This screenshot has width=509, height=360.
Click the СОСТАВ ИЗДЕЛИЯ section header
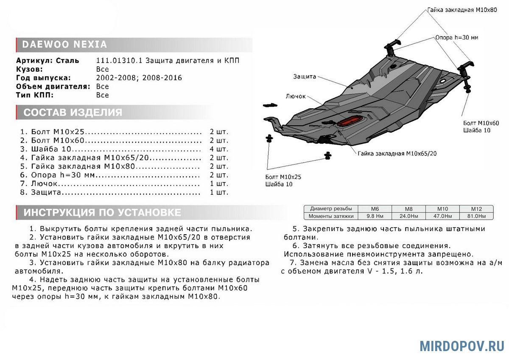73,112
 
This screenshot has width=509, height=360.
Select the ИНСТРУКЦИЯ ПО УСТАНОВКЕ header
102,212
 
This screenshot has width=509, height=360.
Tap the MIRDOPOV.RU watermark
462,346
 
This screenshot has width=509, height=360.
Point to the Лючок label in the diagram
296,96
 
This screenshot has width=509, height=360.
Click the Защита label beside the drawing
305,77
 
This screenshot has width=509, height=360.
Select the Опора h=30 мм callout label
456,37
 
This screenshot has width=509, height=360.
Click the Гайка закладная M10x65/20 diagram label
397,153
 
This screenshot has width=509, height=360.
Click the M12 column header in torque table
477,209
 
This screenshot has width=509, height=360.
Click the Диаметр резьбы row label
331,209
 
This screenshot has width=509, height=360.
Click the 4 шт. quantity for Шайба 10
219,149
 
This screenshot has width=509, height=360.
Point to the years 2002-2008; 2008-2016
139,78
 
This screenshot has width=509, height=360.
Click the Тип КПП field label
35,95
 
